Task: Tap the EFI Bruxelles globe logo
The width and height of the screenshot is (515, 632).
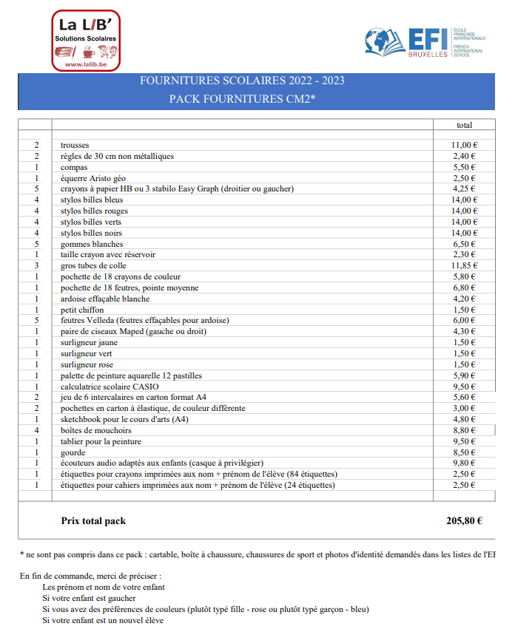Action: point(385,41)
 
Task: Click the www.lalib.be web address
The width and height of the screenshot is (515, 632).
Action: point(86,64)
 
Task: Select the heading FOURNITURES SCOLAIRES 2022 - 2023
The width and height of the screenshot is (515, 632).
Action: point(242,81)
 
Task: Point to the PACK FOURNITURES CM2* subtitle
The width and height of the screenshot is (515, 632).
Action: point(242,98)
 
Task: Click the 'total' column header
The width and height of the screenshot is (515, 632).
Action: point(464,125)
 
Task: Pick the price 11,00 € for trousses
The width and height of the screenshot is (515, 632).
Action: point(465,145)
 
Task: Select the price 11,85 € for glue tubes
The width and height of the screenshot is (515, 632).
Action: point(465,265)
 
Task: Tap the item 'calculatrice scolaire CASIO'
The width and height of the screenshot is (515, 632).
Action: point(110,386)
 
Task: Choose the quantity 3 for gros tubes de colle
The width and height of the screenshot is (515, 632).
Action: point(36,265)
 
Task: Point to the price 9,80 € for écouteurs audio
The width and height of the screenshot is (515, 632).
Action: point(465,463)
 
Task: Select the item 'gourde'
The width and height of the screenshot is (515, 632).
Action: point(73,452)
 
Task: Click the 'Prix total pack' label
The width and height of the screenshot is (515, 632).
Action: point(93,520)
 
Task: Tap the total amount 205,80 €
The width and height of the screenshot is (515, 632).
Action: point(464,520)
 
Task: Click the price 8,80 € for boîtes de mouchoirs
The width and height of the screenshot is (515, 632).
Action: point(465,430)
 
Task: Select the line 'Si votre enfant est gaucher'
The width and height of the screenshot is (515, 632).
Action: point(89,598)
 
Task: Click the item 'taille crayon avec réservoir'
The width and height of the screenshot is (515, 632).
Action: point(108,254)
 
